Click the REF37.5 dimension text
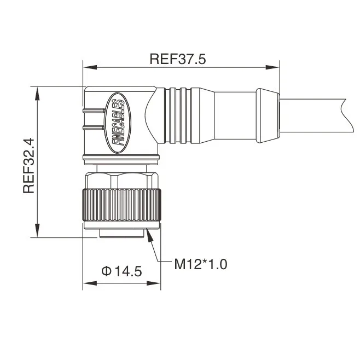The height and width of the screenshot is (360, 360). tap(177, 59)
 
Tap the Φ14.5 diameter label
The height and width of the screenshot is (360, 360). tap(121, 270)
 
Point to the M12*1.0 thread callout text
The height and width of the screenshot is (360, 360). tap(200, 265)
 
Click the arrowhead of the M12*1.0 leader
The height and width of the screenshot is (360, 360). tap(150, 234)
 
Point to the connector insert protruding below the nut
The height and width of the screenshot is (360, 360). tap(121, 234)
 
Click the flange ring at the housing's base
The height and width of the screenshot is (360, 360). tap(121, 159)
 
